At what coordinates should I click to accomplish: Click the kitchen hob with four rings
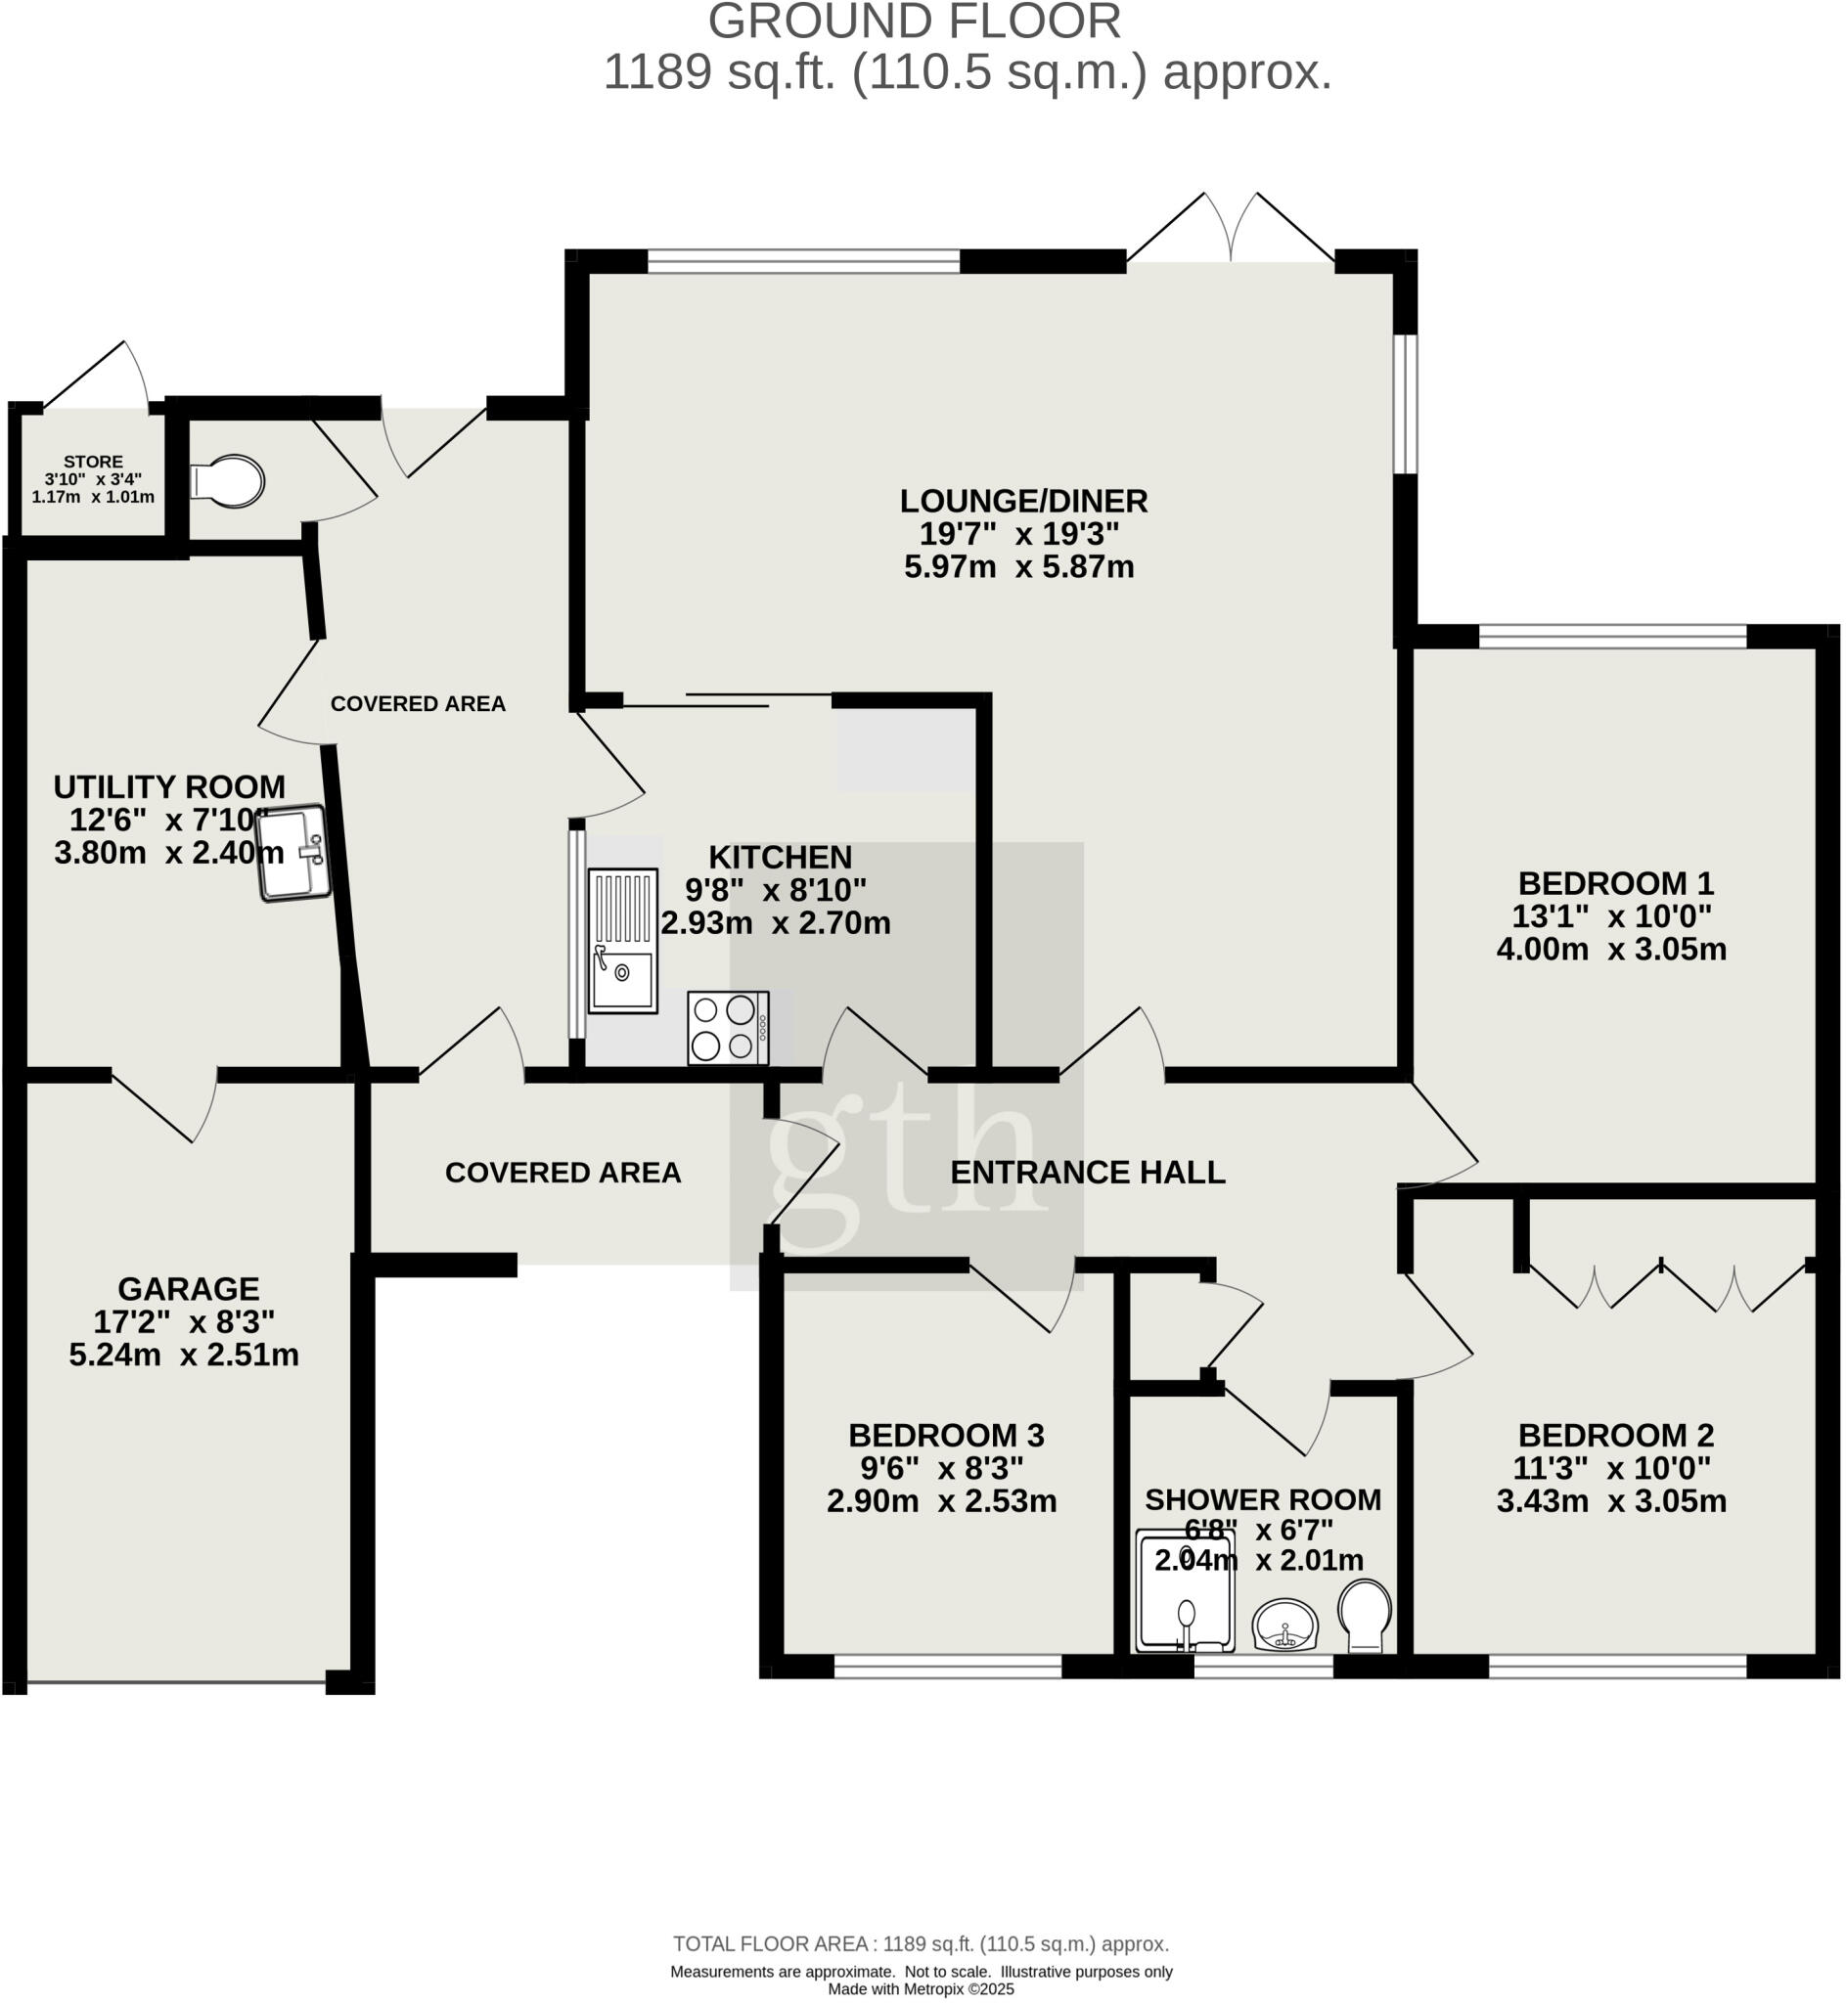(x=728, y=1028)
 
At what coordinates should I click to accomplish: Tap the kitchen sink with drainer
(x=622, y=941)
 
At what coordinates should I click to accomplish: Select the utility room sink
(x=293, y=854)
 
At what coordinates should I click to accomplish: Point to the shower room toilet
(x=1365, y=1616)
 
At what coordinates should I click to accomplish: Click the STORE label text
(x=93, y=462)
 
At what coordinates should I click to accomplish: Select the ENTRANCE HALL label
(x=1087, y=1173)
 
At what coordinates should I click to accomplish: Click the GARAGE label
(x=188, y=1288)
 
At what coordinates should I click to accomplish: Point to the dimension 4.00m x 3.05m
(x=1610, y=949)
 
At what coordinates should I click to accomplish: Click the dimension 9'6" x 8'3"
(x=942, y=1468)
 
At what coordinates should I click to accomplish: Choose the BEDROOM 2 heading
(x=1615, y=1435)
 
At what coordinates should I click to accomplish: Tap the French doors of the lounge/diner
(x=1231, y=235)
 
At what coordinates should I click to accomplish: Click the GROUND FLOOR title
(x=914, y=22)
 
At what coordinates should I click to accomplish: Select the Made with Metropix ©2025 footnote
(x=920, y=1989)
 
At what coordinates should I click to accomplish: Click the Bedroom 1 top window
(x=1612, y=635)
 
